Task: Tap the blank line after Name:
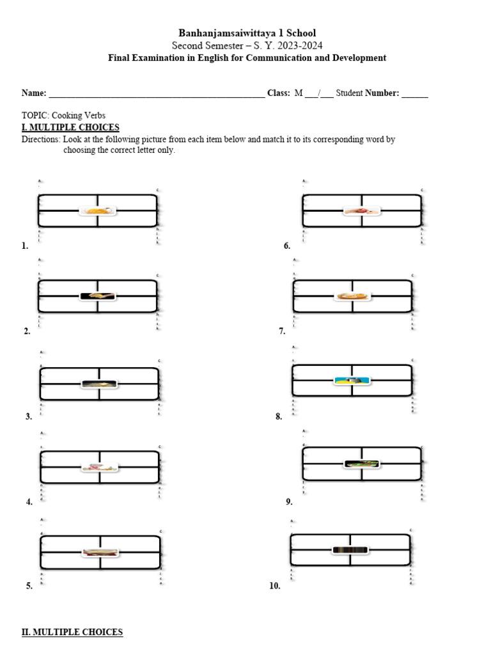coord(157,93)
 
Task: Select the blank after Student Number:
coord(415,93)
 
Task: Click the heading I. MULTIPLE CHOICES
coord(70,127)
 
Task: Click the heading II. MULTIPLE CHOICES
coord(72,632)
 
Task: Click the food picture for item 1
coord(98,210)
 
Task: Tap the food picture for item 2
coord(98,296)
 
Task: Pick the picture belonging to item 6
coord(361,210)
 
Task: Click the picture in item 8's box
coord(352,381)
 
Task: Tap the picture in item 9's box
coord(361,464)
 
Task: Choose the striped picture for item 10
coord(350,549)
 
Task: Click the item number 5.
coord(29,586)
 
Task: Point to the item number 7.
coord(281,331)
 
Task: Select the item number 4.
coord(29,502)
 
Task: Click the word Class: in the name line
coord(278,93)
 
